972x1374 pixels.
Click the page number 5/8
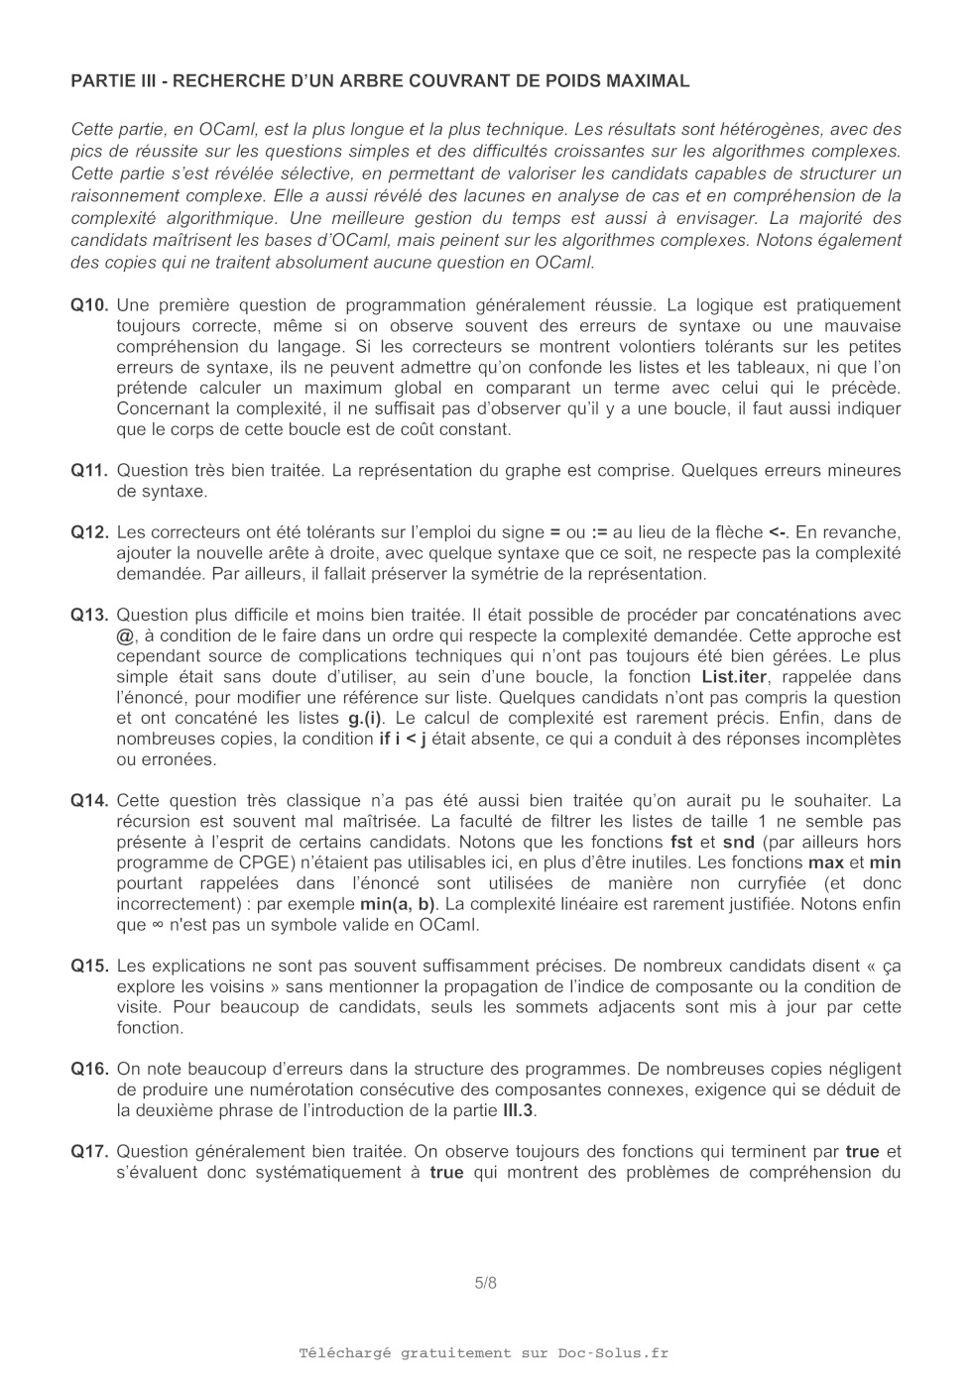click(x=486, y=1283)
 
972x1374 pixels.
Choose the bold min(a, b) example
click(x=397, y=904)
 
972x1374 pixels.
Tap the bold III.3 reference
click(x=518, y=1110)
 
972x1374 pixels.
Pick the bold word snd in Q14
click(x=738, y=843)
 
